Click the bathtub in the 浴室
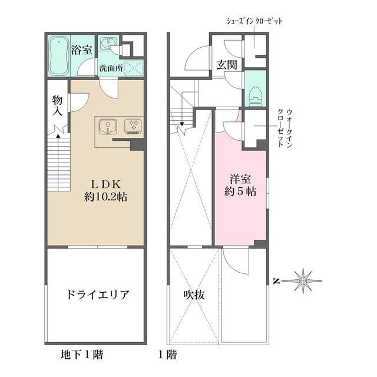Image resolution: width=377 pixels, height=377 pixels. point(59,56)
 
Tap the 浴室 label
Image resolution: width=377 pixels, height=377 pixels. point(81,49)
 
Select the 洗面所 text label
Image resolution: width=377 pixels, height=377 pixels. point(111,68)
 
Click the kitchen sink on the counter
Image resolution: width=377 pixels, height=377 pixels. point(108,125)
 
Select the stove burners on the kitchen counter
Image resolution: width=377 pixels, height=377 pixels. point(133,125)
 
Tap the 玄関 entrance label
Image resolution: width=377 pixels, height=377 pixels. point(226,64)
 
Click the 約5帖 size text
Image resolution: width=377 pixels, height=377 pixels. point(240,191)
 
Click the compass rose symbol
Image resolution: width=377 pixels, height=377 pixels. point(302,281)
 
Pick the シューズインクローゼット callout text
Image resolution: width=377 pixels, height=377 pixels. point(254,21)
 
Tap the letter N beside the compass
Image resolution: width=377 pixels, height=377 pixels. point(275,282)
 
